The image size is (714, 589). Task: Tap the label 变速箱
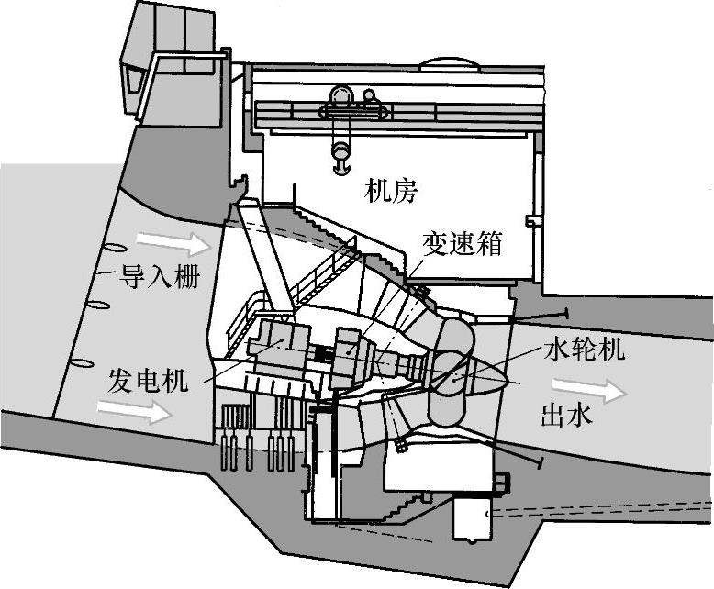click(x=463, y=243)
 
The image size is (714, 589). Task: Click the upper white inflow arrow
click(x=173, y=242)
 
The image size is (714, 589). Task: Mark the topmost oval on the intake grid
click(x=115, y=247)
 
